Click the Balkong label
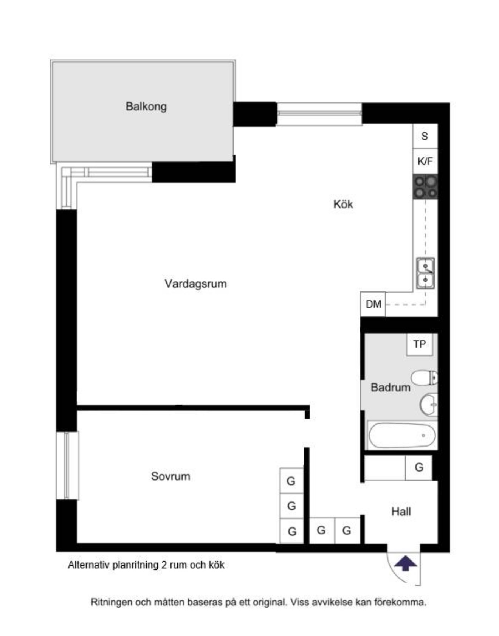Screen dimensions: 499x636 tap(146, 106)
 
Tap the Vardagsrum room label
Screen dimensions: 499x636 tap(195, 284)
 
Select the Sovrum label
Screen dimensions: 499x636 tap(170, 476)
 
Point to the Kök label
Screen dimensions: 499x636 tap(343, 204)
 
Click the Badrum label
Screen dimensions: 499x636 tap(390, 387)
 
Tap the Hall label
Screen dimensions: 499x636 tap(401, 512)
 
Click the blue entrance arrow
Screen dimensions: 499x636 tap(405, 563)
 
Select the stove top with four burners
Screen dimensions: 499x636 tap(425, 187)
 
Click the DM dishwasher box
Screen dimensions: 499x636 tap(373, 304)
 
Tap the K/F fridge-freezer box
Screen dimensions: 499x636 tap(425, 161)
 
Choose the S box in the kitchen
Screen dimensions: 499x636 tap(425, 137)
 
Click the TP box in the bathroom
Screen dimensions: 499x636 tap(420, 344)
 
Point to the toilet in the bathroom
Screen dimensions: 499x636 tap(424, 378)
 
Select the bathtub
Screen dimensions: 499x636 tap(402, 435)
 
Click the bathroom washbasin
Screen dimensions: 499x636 tap(429, 405)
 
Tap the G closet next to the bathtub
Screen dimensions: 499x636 tap(419, 468)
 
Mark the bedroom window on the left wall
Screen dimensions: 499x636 tap(67, 465)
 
